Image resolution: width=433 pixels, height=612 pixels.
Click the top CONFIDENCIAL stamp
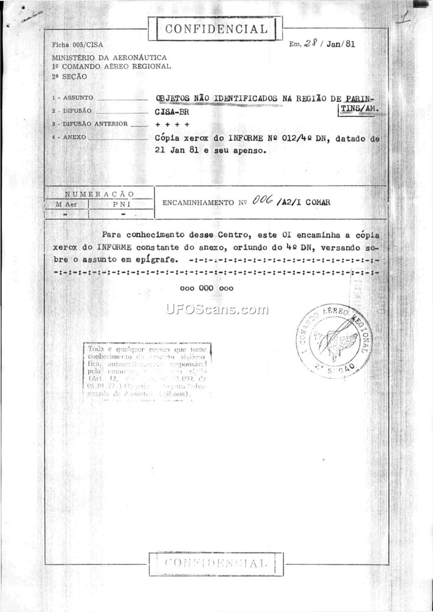216,29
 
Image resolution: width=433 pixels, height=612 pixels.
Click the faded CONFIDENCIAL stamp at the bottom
216,563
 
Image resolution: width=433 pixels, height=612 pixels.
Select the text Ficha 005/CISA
77,45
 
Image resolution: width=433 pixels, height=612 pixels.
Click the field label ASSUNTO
79,98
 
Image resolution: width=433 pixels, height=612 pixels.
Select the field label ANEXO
75,138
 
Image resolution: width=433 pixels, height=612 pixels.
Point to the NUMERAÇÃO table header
100,194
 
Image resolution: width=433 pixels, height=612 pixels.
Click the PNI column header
121,204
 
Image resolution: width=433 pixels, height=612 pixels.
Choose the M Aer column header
66,204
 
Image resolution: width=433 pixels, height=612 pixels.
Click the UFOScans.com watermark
218,310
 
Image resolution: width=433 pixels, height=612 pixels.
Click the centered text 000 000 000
207,288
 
